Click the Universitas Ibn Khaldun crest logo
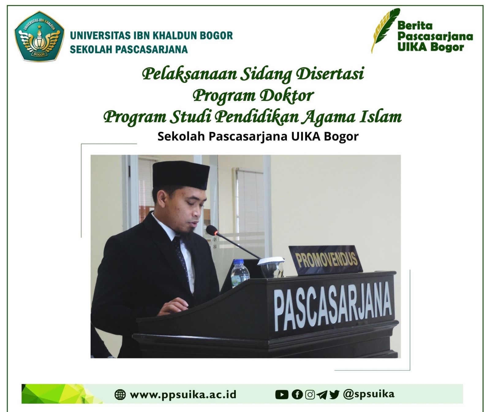click(39, 36)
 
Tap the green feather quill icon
click(385, 30)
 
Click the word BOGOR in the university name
click(216, 36)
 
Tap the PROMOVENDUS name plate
click(326, 260)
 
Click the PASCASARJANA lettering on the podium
click(333, 306)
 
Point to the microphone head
click(212, 230)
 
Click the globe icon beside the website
click(120, 395)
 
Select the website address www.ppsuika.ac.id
click(183, 395)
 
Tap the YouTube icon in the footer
click(282, 395)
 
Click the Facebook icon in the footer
click(297, 395)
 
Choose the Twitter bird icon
click(334, 395)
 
